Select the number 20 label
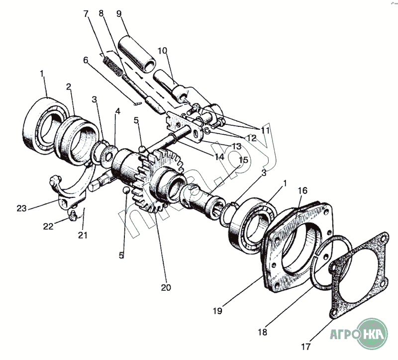(166, 287)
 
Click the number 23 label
(21, 208)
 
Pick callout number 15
(243, 160)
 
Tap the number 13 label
(236, 146)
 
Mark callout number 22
(48, 226)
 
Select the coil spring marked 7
(113, 67)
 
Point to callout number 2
(68, 87)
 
